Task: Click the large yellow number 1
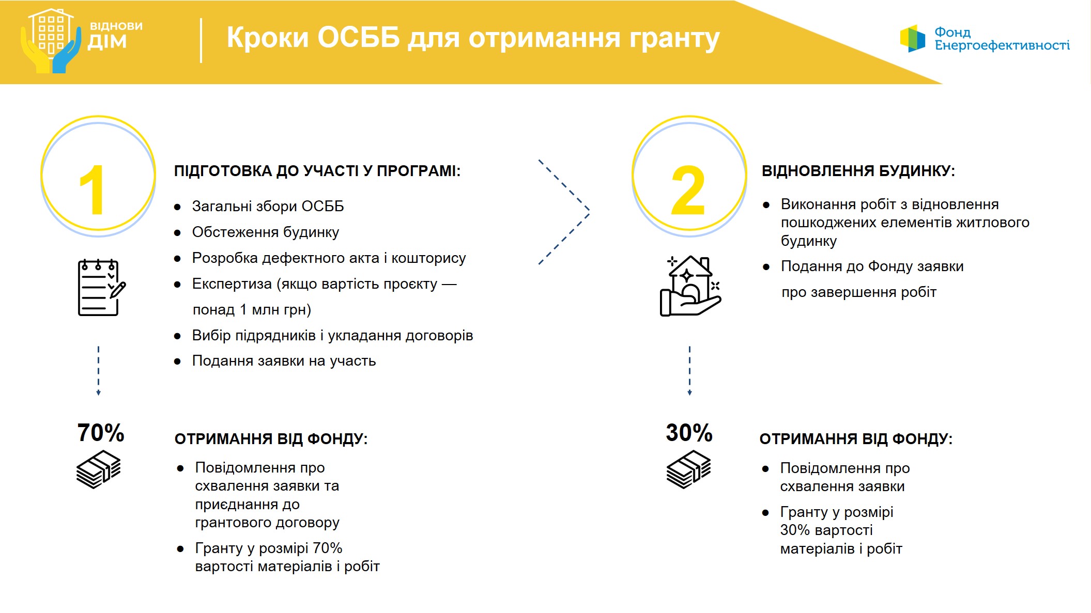pos(93,190)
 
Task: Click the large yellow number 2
pos(688,190)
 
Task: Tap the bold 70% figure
pos(101,433)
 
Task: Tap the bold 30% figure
pos(689,433)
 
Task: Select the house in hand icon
pos(690,286)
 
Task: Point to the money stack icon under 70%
pos(98,469)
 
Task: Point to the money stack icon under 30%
pos(688,469)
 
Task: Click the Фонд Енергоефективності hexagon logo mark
pos(913,39)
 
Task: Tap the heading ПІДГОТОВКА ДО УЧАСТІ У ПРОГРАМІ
pos(317,171)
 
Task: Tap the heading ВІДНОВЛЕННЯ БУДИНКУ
pos(858,171)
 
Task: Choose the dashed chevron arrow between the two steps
pos(589,212)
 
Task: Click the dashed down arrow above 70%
pos(98,371)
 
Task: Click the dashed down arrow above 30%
pos(689,371)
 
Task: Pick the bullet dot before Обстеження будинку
pos(177,233)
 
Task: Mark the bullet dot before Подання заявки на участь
pos(177,361)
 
